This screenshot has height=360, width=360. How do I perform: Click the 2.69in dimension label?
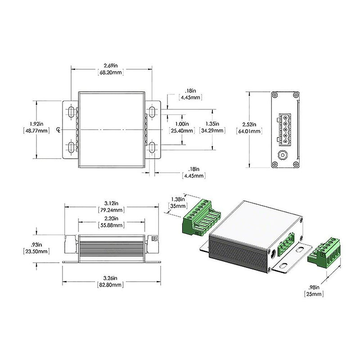point(111,65)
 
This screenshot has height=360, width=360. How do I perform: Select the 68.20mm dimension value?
point(111,72)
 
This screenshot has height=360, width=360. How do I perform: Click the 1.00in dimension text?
point(181,124)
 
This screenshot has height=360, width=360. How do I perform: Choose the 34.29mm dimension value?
point(212,131)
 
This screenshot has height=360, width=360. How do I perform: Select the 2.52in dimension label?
point(249,124)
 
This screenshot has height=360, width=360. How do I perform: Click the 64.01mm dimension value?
point(249,131)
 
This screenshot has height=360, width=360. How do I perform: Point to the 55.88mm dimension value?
point(111,225)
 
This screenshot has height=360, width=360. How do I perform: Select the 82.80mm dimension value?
point(111,285)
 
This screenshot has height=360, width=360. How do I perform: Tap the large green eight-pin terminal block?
point(201,218)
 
